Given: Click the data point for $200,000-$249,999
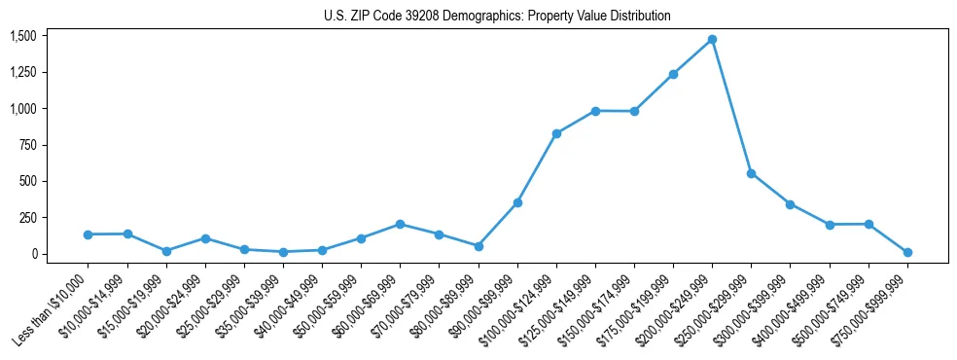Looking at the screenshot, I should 712,40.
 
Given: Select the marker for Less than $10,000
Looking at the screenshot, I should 88,234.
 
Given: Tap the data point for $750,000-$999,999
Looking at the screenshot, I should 907,253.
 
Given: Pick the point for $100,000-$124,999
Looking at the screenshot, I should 556,133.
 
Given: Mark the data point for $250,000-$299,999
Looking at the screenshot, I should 751,173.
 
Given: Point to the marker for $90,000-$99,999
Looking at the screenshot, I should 517,202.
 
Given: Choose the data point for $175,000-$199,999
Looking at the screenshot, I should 673,74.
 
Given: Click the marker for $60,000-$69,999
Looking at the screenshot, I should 400,224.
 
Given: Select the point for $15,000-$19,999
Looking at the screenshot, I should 166,251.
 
